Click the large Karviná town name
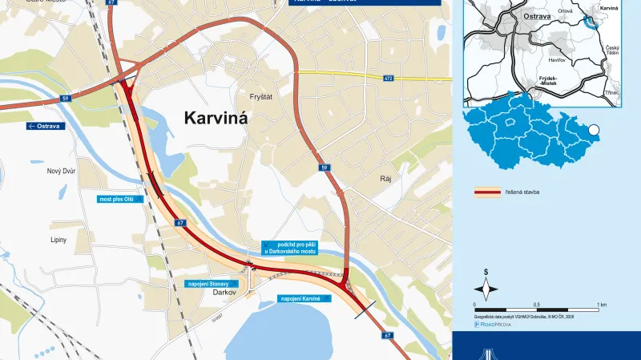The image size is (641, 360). (216, 118)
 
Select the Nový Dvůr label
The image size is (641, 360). (60, 170)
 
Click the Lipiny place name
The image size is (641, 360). (57, 239)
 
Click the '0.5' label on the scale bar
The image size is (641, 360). (538, 305)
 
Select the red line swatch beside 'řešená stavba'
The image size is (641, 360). (486, 192)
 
